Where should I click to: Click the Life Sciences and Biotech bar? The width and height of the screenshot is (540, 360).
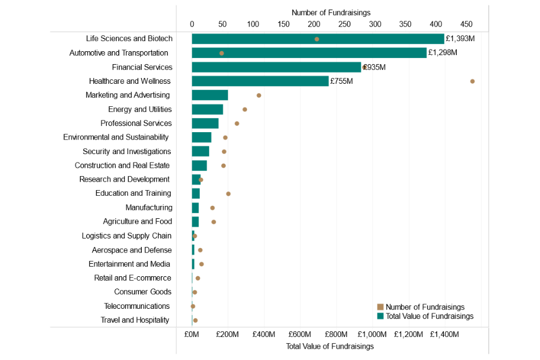click(318, 39)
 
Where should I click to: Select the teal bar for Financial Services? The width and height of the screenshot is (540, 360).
click(276, 67)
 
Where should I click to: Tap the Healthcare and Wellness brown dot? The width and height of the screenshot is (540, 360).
click(472, 81)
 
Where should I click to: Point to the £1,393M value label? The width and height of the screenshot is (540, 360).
click(460, 39)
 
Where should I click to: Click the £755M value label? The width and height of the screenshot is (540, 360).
click(341, 81)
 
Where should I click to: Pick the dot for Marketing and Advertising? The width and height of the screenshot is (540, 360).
click(259, 95)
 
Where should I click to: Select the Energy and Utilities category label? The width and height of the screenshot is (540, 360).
click(140, 109)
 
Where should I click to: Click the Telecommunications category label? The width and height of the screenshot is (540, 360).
click(137, 306)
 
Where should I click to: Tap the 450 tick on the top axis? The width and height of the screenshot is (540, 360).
click(467, 24)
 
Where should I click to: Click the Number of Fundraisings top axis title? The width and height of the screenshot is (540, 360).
click(331, 12)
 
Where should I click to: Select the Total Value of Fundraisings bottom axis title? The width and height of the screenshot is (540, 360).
click(330, 346)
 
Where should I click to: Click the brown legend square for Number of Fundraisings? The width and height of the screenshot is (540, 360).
click(380, 307)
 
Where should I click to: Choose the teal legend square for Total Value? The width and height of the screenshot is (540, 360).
click(380, 316)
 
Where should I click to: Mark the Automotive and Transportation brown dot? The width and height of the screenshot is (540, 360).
click(222, 53)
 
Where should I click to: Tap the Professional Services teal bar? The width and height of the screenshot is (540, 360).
click(205, 123)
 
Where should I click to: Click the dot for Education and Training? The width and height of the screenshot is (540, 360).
click(228, 193)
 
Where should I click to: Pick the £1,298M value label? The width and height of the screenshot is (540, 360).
click(443, 53)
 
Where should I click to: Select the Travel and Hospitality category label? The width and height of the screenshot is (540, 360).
click(135, 320)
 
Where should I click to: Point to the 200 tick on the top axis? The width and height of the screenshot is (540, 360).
click(314, 24)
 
